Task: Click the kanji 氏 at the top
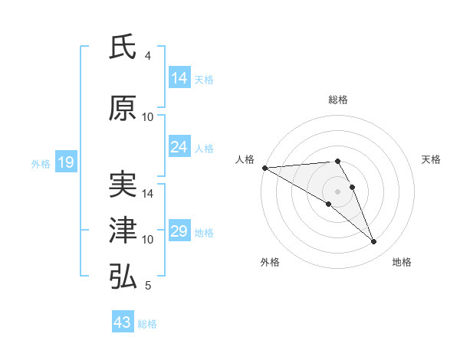[x=123, y=47]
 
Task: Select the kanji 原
[x=123, y=109]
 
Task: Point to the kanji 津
[x=123, y=231]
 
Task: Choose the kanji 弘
[x=123, y=277]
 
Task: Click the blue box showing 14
[x=179, y=78]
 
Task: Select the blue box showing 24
[x=179, y=147]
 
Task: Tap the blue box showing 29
[x=179, y=231]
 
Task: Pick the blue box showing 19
[x=65, y=162]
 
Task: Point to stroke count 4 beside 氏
[x=148, y=56]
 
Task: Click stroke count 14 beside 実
[x=148, y=194]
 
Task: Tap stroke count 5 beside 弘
[x=148, y=286]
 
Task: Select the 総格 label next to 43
[x=148, y=324]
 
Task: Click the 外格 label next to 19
[x=40, y=163]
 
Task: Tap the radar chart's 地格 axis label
[x=402, y=262]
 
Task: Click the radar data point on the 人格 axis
[x=264, y=168]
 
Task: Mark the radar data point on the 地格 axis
[x=374, y=242]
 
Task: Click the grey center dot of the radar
[x=337, y=190]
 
